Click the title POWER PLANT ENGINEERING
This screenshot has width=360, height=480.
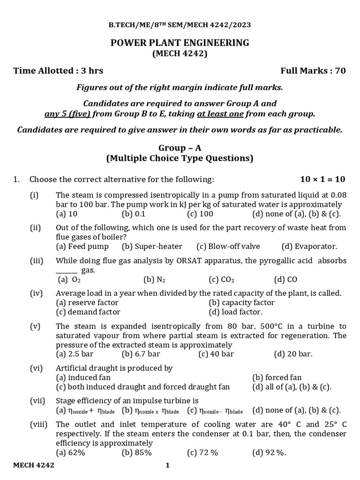[180, 43]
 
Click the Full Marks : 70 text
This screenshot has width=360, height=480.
[313, 71]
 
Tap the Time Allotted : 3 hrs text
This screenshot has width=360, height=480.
[58, 71]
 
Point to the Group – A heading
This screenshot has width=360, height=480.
[180, 148]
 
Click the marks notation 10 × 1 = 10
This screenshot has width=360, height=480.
[322, 179]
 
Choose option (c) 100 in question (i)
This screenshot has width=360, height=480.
[200, 214]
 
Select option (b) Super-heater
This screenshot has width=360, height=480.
[152, 246]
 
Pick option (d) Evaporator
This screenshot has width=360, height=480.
[309, 246]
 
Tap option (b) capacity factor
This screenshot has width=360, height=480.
[241, 302]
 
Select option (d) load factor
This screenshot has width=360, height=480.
[235, 312]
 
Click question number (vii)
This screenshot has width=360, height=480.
[37, 401]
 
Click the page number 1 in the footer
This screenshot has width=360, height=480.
[167, 465]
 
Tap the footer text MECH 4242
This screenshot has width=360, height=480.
[33, 465]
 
